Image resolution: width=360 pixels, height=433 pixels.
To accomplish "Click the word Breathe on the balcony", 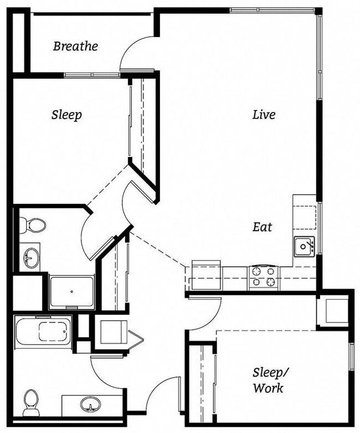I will click(x=75, y=46).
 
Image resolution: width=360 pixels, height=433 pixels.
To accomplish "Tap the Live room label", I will click(x=264, y=115).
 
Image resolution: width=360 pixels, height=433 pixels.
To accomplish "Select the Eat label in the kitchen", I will click(x=262, y=227).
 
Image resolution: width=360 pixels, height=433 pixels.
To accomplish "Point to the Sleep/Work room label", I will click(x=268, y=380).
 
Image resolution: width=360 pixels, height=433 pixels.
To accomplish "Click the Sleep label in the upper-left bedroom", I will click(x=66, y=115).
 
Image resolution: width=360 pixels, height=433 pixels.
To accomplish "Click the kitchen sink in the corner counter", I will click(x=304, y=245).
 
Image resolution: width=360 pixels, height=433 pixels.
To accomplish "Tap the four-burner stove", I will click(x=264, y=277).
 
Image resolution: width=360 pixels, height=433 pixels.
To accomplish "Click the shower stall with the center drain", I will click(x=71, y=291).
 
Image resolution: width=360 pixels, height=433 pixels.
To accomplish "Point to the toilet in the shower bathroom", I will click(x=34, y=225).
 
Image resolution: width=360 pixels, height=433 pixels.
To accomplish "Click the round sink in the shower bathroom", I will click(x=30, y=257).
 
